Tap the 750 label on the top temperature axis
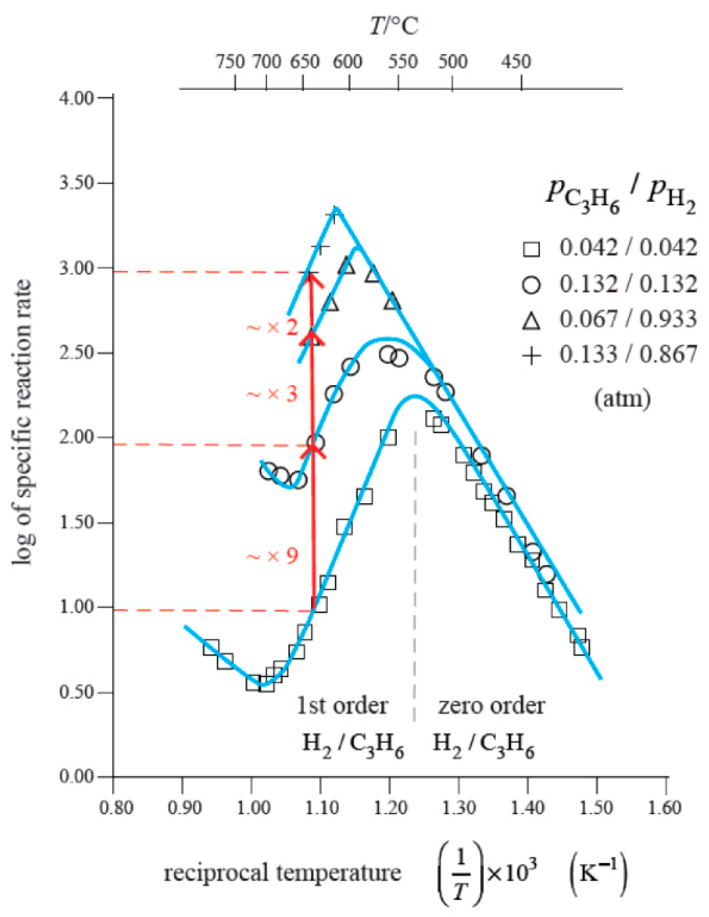tap(231, 61)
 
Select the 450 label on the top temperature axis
tap(516, 61)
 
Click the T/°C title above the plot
tap(394, 26)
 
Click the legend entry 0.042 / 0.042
tap(628, 248)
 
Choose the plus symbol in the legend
tap(531, 356)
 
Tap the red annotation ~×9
tap(272, 556)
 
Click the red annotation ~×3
tap(272, 394)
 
